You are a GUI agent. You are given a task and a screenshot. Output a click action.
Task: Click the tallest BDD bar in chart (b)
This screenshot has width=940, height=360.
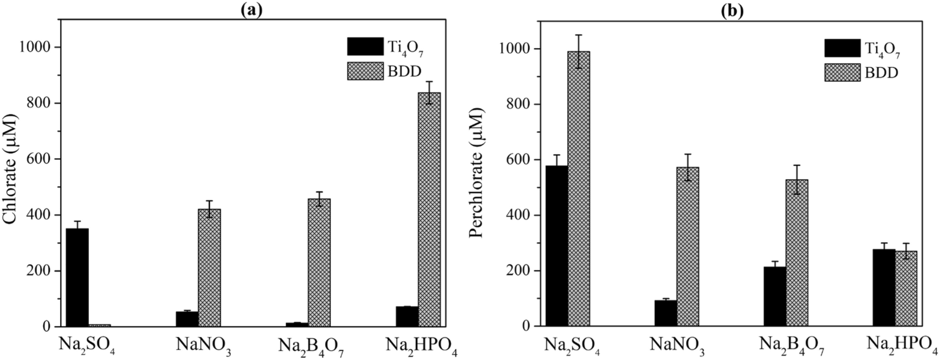tap(579, 188)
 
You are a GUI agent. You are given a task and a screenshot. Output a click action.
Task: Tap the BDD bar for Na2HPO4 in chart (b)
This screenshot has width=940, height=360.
tap(906, 289)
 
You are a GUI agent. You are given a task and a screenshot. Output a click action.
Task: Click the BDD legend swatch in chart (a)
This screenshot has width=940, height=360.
tap(365, 71)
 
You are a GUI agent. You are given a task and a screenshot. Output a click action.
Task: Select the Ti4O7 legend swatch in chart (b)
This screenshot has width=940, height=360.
tap(842, 48)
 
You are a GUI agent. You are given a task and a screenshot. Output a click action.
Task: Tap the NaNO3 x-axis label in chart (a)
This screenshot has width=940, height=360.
tap(204, 346)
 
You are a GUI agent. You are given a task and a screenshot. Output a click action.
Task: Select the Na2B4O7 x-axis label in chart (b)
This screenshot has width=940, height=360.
tap(791, 346)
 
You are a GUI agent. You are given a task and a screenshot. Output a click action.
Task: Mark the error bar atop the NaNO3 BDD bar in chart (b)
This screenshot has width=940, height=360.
tap(688, 167)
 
